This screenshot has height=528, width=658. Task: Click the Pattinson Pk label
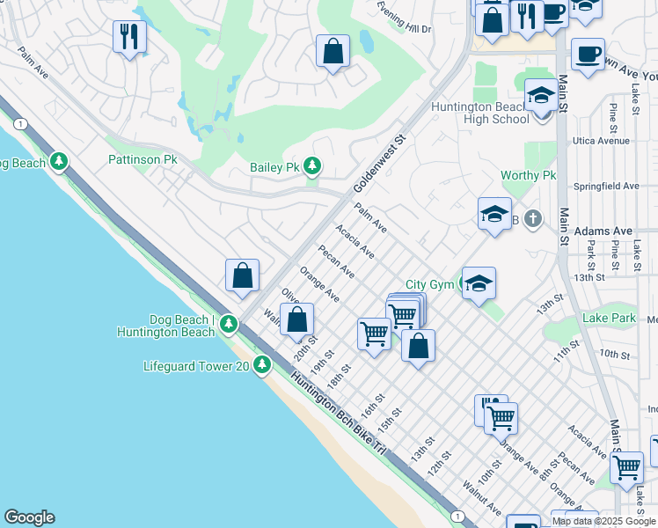click(x=143, y=160)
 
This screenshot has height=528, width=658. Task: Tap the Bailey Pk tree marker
click(x=311, y=165)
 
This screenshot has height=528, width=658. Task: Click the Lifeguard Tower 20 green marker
click(x=261, y=364)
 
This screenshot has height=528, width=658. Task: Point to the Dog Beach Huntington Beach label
click(x=165, y=326)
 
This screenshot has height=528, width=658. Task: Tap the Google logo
click(x=29, y=517)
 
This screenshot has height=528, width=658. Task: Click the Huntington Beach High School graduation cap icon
click(x=541, y=98)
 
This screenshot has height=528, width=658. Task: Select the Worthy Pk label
click(x=529, y=176)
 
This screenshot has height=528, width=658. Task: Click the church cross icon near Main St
click(x=532, y=218)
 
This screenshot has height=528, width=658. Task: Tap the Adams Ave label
click(x=603, y=231)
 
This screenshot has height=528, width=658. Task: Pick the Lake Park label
click(x=608, y=318)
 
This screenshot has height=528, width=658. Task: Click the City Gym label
click(x=429, y=285)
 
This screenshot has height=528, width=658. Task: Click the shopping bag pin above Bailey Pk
click(x=333, y=52)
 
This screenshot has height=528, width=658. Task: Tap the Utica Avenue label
click(x=601, y=141)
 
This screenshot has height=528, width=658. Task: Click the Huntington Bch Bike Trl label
click(x=340, y=411)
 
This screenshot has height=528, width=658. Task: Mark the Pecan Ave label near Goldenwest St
click(x=337, y=260)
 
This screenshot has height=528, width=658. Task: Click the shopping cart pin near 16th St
click(x=375, y=334)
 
